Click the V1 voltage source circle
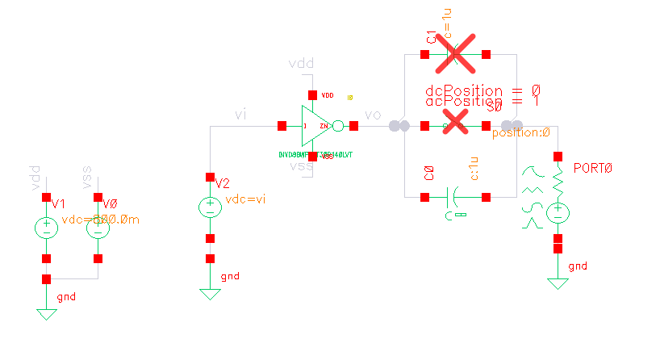pos(46,228)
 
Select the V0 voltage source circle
pos(98,228)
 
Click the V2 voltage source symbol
pos(210,207)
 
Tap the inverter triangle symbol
pos(315,126)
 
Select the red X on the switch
pos(456,123)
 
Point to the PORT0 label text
pos(593,168)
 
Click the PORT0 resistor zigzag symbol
pos(557,184)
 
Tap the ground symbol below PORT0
pos(557,283)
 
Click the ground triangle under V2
pos(210,294)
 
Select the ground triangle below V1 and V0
pos(47,313)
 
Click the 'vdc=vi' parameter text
pos(245,200)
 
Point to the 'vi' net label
pos(240,115)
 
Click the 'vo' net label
pos(372,115)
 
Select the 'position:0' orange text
pos(520,133)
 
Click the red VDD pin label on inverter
pos(328,95)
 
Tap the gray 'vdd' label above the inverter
pos(303,64)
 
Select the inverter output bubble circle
pos(337,126)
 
